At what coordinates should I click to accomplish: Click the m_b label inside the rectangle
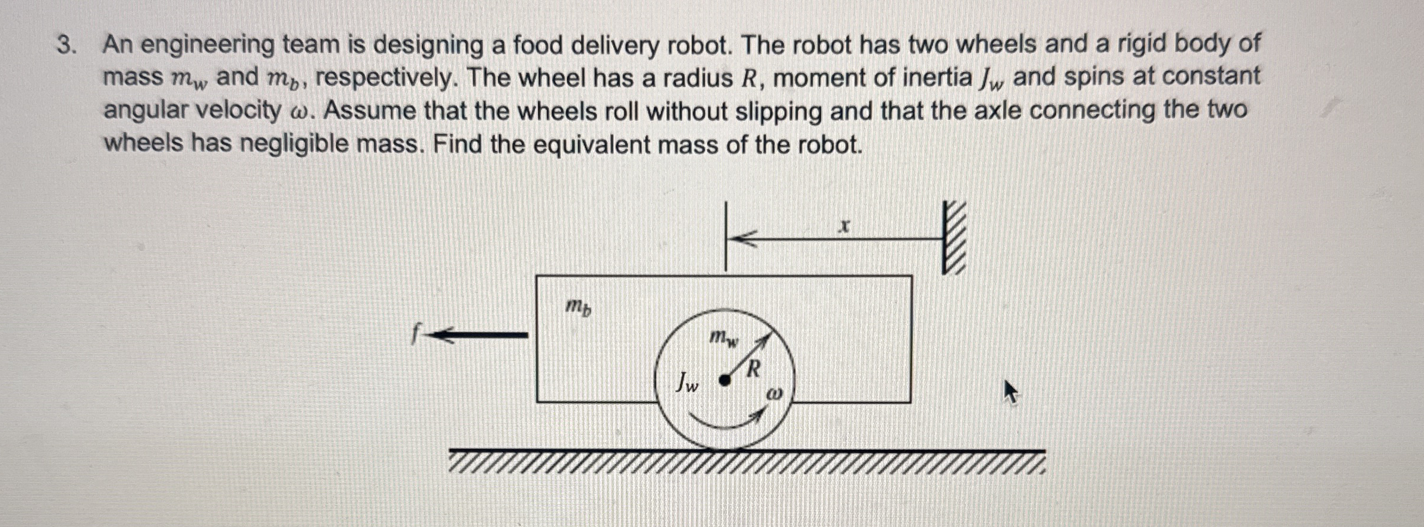click(578, 307)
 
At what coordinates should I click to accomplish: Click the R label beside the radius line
click(753, 370)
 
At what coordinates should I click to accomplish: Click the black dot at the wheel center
click(724, 380)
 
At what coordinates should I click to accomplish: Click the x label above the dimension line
click(845, 226)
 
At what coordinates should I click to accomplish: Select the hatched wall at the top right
click(954, 238)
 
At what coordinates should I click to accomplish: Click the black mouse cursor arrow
click(1010, 392)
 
